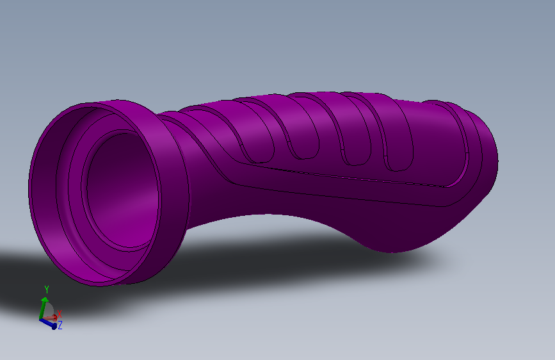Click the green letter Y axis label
click(46, 290)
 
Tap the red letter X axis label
click(60, 314)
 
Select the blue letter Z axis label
click(60, 325)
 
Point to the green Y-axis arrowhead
click(44, 300)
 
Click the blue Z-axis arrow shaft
click(47, 323)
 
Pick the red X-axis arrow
click(52, 318)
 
